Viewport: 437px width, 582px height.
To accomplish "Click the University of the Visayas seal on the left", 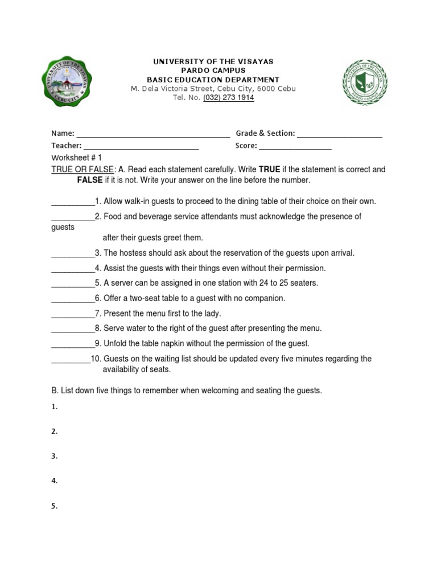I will [x=67, y=82].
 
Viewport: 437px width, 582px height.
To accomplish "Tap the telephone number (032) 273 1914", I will [x=228, y=98].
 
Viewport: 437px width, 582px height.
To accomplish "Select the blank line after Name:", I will [x=153, y=134].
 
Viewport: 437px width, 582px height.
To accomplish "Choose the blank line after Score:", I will [x=295, y=146].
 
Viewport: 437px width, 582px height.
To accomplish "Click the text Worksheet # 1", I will [x=77, y=157].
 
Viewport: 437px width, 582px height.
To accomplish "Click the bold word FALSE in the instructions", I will [x=89, y=180].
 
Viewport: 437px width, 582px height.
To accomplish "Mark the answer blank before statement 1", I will [x=73, y=202].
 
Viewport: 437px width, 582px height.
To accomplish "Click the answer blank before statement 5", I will [x=73, y=283].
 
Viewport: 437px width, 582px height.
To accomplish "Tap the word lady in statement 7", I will [x=212, y=313].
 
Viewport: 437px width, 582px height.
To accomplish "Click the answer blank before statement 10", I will [x=71, y=359].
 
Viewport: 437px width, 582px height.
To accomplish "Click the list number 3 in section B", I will [x=54, y=456].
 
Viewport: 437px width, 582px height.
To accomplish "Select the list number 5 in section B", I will [x=54, y=506].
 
